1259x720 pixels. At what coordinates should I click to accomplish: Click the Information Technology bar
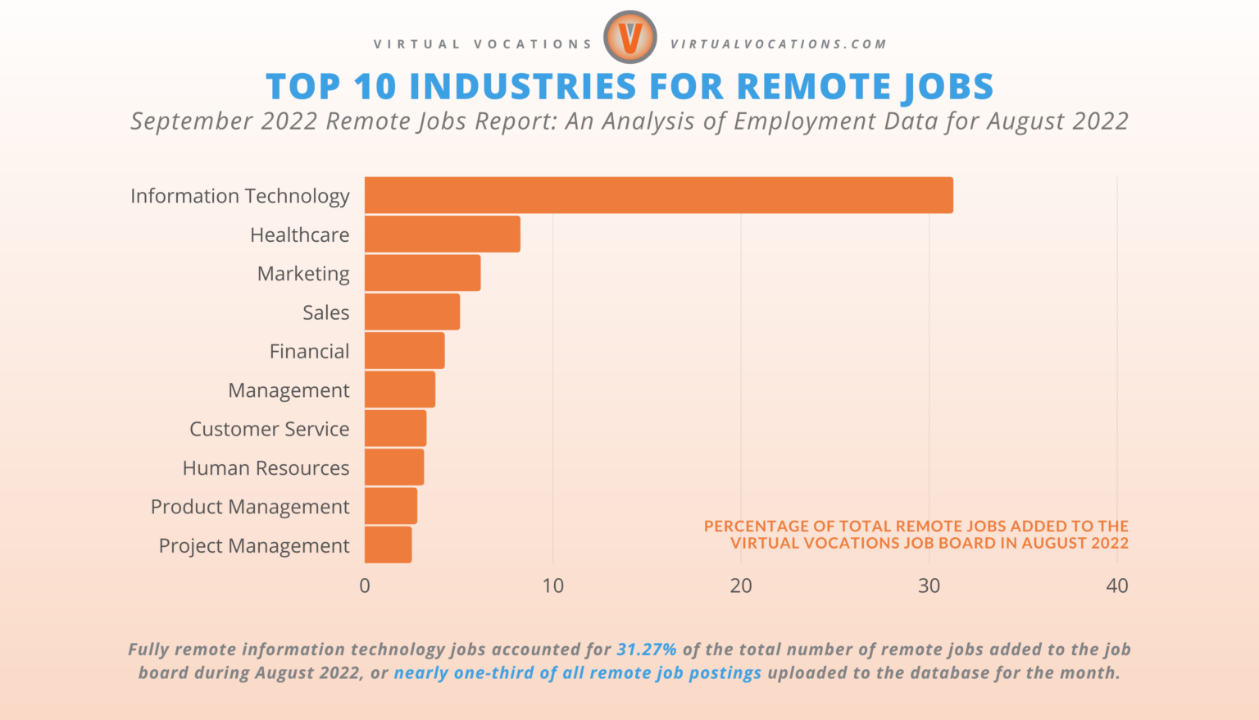click(658, 195)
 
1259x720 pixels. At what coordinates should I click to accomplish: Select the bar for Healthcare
click(442, 234)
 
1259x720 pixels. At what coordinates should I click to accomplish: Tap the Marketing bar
click(422, 273)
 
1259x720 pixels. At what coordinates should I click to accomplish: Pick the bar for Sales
click(411, 312)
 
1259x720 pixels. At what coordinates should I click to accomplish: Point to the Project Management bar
click(388, 545)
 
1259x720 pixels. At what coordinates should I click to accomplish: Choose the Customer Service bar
click(395, 428)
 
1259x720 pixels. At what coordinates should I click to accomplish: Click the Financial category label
click(309, 351)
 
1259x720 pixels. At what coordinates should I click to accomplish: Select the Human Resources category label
click(266, 467)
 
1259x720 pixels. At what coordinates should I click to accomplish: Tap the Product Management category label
click(250, 507)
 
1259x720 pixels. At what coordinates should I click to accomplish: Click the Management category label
click(289, 390)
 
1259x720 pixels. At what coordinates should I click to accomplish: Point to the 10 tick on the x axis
click(552, 586)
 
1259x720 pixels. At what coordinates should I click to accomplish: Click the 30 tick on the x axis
click(929, 586)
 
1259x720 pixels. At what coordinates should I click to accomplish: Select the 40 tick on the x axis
click(1116, 586)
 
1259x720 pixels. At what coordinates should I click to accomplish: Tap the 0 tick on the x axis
click(365, 586)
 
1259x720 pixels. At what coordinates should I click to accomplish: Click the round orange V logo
click(629, 38)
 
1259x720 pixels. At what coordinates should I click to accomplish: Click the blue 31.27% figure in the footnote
click(647, 649)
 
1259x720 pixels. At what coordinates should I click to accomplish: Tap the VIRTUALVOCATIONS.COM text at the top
click(779, 44)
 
